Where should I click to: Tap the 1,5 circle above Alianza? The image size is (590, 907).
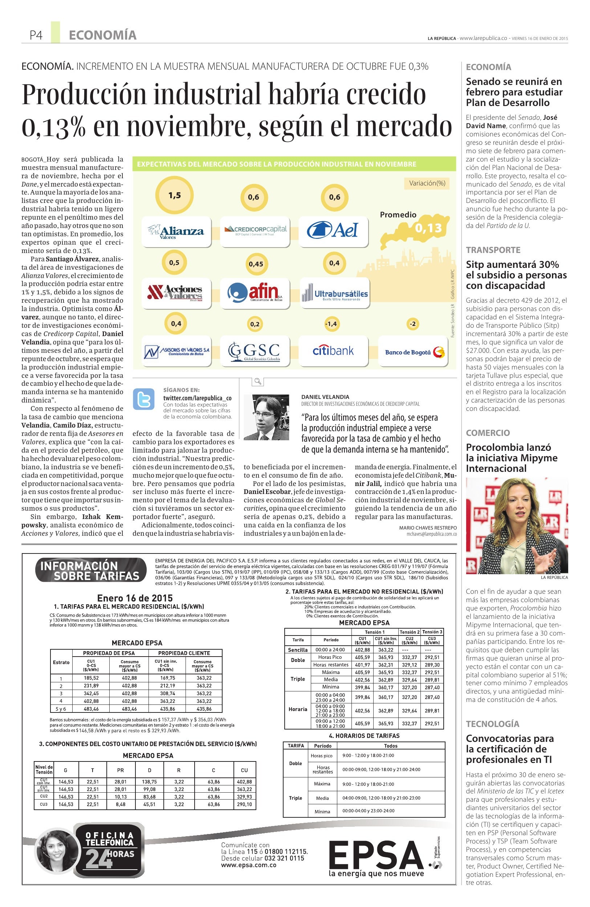[175, 196]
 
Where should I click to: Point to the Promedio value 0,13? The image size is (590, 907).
[428, 228]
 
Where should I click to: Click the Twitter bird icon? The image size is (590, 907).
[144, 399]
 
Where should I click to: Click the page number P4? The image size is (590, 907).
[36, 36]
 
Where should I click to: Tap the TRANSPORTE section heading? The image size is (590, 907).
[493, 250]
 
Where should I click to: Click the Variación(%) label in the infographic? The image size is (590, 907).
[427, 183]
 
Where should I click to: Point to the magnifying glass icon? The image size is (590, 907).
[258, 381]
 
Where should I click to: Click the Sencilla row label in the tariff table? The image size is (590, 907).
[298, 650]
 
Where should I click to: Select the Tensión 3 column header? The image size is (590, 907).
[432, 632]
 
